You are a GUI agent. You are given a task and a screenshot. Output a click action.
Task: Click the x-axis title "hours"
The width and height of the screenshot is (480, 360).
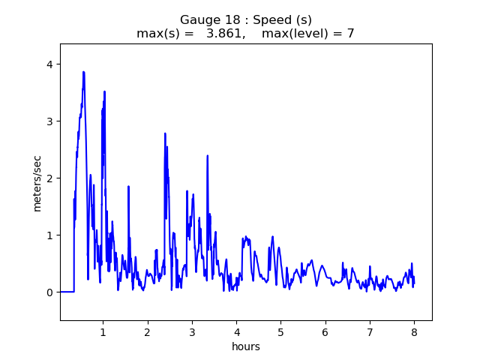click(246, 346)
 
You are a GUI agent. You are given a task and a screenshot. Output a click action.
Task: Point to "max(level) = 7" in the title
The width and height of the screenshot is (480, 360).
click(307, 34)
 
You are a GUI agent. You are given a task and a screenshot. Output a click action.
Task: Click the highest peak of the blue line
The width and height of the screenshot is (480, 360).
click(83, 72)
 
